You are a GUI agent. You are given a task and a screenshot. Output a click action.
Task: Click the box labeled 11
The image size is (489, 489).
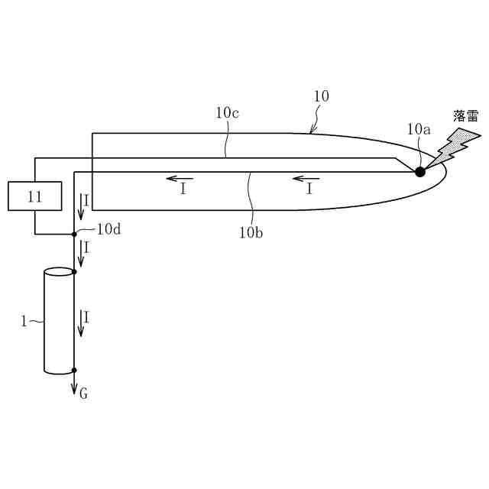(34, 196)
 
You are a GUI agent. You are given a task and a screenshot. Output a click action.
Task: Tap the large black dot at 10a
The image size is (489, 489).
(419, 172)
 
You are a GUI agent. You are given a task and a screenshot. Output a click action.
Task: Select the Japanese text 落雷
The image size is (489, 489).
(465, 116)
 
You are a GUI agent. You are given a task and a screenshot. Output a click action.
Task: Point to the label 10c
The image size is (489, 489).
(227, 113)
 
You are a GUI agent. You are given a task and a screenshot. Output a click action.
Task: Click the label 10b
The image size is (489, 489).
(251, 232)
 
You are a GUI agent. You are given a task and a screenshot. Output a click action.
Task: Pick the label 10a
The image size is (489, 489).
(419, 129)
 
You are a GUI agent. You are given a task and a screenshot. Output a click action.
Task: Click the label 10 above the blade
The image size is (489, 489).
(321, 96)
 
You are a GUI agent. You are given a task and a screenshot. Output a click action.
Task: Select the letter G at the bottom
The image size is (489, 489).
(83, 393)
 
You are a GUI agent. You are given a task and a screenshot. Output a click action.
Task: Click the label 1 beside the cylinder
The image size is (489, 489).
(24, 322)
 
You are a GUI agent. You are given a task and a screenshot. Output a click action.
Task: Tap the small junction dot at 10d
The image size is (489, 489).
(74, 234)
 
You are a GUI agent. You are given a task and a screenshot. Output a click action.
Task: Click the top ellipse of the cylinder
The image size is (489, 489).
(59, 271)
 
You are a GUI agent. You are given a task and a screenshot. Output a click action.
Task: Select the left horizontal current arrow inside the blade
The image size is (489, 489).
(180, 180)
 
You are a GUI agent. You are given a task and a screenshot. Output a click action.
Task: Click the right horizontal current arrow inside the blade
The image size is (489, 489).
(306, 180)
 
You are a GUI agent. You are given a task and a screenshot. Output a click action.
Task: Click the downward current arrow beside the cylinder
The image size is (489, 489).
(81, 322)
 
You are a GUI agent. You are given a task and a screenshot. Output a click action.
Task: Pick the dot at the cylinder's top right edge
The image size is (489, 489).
(74, 271)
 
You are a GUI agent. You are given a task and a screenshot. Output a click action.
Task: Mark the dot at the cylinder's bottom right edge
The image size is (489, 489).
(74, 370)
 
